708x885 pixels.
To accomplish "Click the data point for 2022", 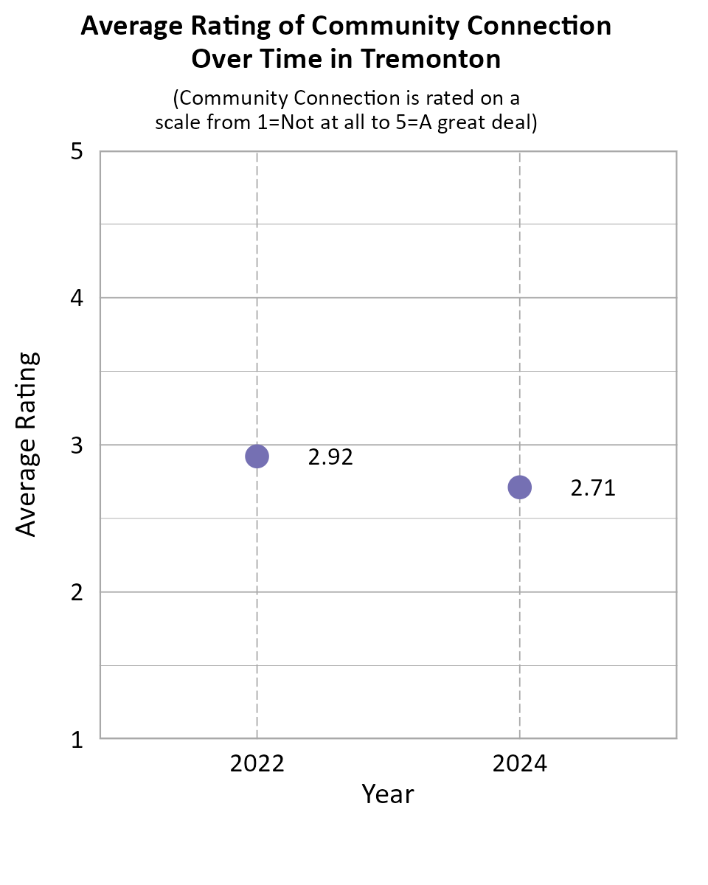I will (257, 457).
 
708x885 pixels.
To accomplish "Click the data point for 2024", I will (520, 487).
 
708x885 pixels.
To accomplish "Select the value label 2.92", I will (330, 457).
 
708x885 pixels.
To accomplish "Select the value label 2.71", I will (593, 487).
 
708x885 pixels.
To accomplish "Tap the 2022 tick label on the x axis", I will (257, 763).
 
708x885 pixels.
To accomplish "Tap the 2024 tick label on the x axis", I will (520, 763).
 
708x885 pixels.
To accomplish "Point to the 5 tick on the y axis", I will (77, 152).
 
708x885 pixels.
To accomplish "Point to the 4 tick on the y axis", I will (77, 299).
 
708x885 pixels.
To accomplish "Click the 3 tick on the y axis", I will (77, 445).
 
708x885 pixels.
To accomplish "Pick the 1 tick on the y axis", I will (77, 739).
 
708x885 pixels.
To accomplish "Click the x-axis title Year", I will (388, 794).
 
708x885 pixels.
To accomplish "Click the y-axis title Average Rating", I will (27, 444).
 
